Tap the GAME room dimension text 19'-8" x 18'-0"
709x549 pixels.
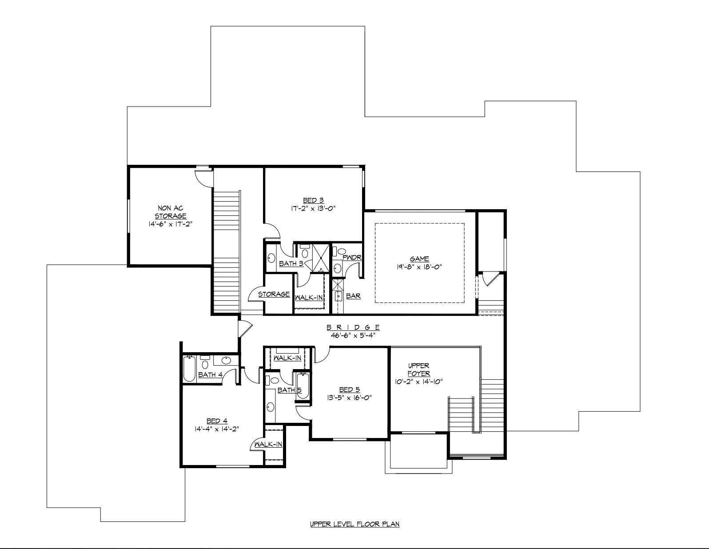click(419, 267)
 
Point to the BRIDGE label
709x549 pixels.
click(354, 327)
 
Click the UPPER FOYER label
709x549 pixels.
click(418, 370)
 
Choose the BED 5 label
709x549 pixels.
click(348, 390)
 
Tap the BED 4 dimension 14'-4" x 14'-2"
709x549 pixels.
click(217, 429)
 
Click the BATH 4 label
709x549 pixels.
click(210, 374)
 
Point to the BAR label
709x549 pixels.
click(353, 296)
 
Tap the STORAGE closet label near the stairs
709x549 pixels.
click(274, 294)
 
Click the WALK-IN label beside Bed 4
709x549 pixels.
click(268, 444)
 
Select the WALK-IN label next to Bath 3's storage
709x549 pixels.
click(309, 297)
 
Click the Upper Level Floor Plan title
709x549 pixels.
click(354, 524)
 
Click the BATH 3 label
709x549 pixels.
click(291, 263)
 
